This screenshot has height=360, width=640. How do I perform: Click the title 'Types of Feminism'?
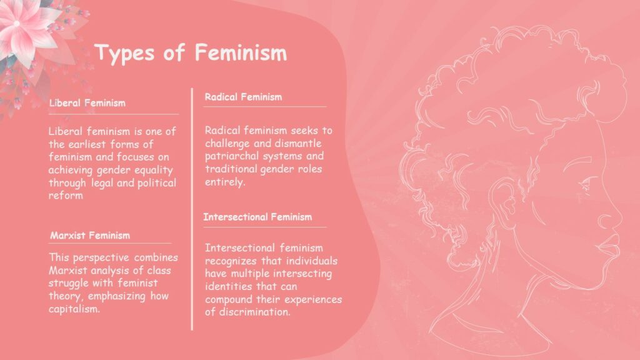[191, 53]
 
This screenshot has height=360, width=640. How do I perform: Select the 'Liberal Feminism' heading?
[87, 103]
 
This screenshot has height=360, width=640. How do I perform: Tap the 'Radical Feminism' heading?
[243, 97]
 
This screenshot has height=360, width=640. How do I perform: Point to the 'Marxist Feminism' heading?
[90, 236]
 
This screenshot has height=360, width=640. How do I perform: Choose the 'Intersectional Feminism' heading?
[257, 217]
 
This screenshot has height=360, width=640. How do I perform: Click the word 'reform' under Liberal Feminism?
[65, 196]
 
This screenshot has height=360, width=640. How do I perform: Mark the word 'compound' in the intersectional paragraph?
[227, 299]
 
